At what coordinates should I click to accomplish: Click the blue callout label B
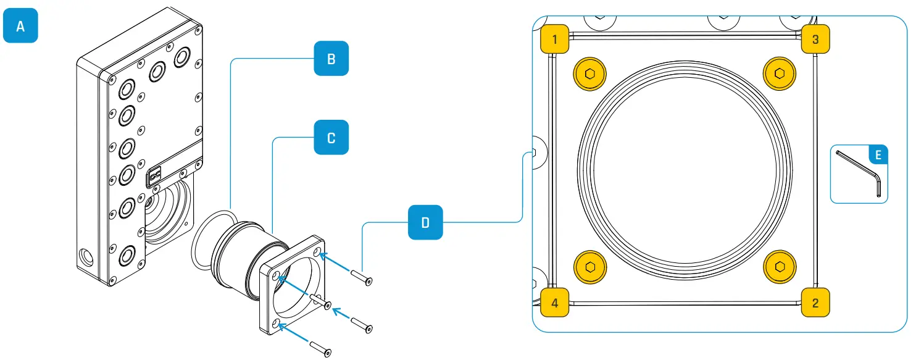tap(331, 59)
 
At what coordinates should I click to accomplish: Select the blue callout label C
tap(331, 137)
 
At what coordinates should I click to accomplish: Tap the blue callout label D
tap(425, 222)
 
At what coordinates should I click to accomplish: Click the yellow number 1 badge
tap(554, 40)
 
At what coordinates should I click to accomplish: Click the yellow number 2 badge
tap(815, 303)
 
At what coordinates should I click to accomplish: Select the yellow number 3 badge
tap(815, 40)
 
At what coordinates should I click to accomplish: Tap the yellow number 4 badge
tap(554, 303)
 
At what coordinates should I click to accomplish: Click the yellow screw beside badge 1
tap(589, 74)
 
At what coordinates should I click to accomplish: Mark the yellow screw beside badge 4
tap(589, 267)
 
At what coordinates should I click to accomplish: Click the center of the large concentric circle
tap(685, 171)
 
